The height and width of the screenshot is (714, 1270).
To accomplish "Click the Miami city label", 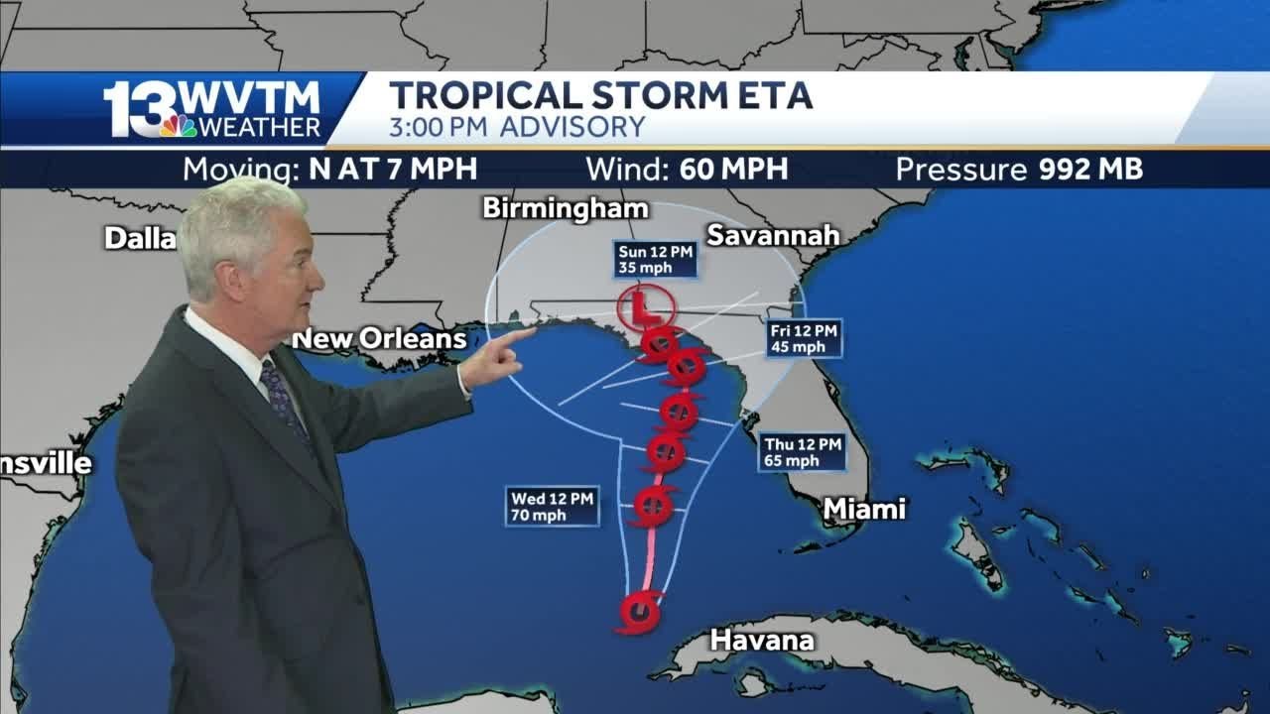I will click(x=864, y=509).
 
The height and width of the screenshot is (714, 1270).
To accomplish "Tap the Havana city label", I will click(x=762, y=641).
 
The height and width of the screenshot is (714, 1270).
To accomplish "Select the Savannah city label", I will click(x=773, y=235).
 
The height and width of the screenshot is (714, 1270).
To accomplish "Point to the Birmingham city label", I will click(x=566, y=208).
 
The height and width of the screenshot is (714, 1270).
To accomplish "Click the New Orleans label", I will click(x=379, y=339).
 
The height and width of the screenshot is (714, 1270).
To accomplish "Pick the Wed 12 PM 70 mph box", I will click(x=552, y=506).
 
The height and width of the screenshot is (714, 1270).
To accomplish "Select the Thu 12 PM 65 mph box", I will click(x=803, y=452).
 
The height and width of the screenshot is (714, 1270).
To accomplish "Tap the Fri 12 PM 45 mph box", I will click(x=804, y=338).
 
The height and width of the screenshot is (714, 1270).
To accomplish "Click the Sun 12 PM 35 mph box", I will click(x=654, y=259).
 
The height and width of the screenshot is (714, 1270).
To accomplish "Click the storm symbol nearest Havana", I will click(x=640, y=611).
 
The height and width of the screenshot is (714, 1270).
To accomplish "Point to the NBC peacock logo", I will click(x=178, y=126).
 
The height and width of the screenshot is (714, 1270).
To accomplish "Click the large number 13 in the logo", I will click(x=140, y=109).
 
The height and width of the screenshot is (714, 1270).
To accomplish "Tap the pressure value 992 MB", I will click(x=1090, y=170).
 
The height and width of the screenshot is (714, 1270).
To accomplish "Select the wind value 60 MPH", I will click(x=733, y=170).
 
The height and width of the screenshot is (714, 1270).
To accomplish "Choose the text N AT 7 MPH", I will click(x=393, y=170).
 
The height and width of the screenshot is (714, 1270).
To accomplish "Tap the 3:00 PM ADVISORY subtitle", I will click(x=517, y=127).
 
